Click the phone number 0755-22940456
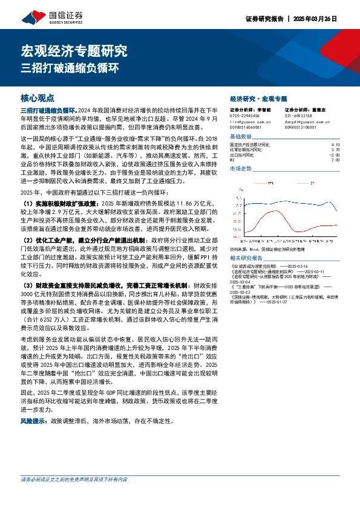244,115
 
